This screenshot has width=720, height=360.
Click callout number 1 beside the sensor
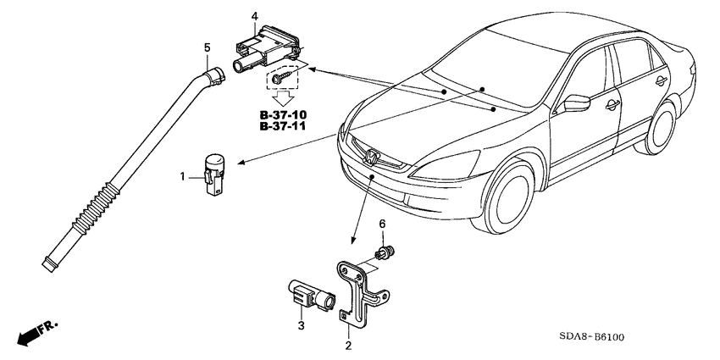click(x=182, y=176)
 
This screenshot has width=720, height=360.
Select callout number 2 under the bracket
click(x=348, y=346)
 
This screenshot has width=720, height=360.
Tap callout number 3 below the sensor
click(x=302, y=326)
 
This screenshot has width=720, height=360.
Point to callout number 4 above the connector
click(x=255, y=17)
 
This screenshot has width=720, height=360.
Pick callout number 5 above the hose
click(x=207, y=47)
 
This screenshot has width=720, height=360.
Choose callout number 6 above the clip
click(x=382, y=224)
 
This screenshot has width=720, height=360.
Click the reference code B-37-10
click(x=283, y=115)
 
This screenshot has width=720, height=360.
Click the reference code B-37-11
click(x=283, y=126)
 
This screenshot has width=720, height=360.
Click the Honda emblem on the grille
click(x=370, y=158)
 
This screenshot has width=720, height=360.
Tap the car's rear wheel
click(x=661, y=128)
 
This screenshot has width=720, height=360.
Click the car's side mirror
click(x=576, y=102)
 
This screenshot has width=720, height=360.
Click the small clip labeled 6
click(x=385, y=252)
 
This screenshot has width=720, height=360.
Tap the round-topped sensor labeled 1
click(x=213, y=174)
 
